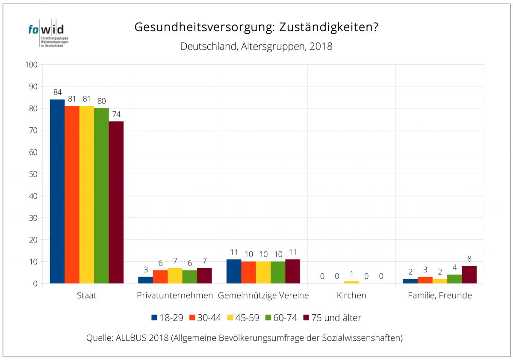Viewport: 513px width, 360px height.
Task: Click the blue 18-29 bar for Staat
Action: click(57, 191)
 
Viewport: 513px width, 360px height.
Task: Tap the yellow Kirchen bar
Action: click(351, 282)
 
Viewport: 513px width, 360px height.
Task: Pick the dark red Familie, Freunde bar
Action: click(469, 274)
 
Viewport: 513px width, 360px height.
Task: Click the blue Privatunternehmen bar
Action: click(145, 280)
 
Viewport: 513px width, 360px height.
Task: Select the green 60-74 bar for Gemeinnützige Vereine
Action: click(278, 272)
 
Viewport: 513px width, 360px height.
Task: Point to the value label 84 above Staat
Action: click(57, 92)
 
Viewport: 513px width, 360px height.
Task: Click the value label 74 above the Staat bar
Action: click(116, 114)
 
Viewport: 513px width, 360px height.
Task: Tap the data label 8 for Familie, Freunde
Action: click(469, 259)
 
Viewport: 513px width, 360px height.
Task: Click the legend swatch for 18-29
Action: click(155, 318)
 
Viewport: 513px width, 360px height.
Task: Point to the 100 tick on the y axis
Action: click(32, 65)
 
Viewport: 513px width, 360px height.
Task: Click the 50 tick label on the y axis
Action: click(33, 174)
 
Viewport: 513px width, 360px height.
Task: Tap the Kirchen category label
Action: click(351, 295)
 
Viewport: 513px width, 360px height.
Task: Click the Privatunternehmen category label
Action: click(175, 295)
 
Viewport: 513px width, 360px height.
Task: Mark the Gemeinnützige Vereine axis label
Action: click(263, 295)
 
